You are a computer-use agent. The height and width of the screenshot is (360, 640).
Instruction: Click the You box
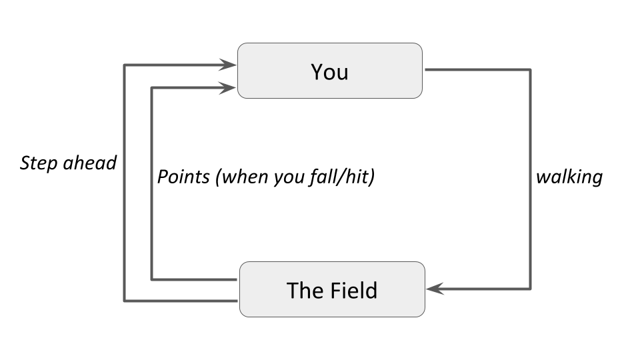coord(330,71)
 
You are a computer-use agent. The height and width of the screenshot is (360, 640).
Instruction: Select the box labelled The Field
coord(332,289)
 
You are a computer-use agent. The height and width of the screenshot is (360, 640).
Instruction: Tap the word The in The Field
coord(305,291)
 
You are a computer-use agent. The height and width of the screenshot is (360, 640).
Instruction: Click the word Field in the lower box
coord(354,291)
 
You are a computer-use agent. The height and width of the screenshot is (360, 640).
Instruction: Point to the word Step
coord(39,163)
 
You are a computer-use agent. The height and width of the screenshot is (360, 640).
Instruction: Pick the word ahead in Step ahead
coord(90,163)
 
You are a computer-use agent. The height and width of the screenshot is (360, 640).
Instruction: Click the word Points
coord(184,177)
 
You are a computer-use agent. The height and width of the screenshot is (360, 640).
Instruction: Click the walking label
coord(569,177)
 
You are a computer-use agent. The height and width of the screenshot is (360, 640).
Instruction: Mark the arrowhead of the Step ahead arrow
coord(227,65)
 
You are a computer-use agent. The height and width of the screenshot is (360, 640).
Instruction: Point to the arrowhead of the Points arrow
coord(227,88)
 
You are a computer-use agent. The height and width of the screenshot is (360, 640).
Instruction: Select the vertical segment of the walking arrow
coord(530,179)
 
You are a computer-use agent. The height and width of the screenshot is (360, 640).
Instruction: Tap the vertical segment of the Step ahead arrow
coord(124,183)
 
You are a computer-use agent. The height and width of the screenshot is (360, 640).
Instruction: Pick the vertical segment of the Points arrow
coord(151,184)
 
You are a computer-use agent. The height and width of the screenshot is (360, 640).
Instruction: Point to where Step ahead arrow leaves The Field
coord(237,301)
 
